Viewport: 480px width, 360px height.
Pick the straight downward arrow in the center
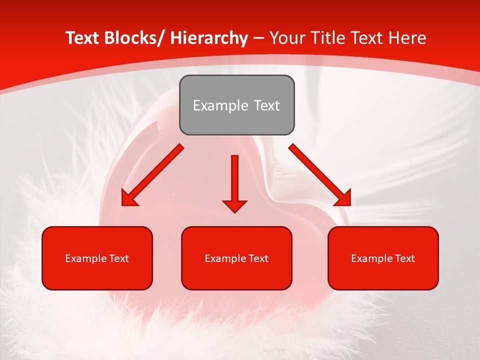pos(234,180)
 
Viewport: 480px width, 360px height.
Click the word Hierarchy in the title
pos(209,38)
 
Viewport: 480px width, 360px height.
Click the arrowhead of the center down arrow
pos(234,205)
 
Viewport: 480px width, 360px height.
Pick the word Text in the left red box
pos(119,258)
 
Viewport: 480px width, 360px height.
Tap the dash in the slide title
pos(258,38)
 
